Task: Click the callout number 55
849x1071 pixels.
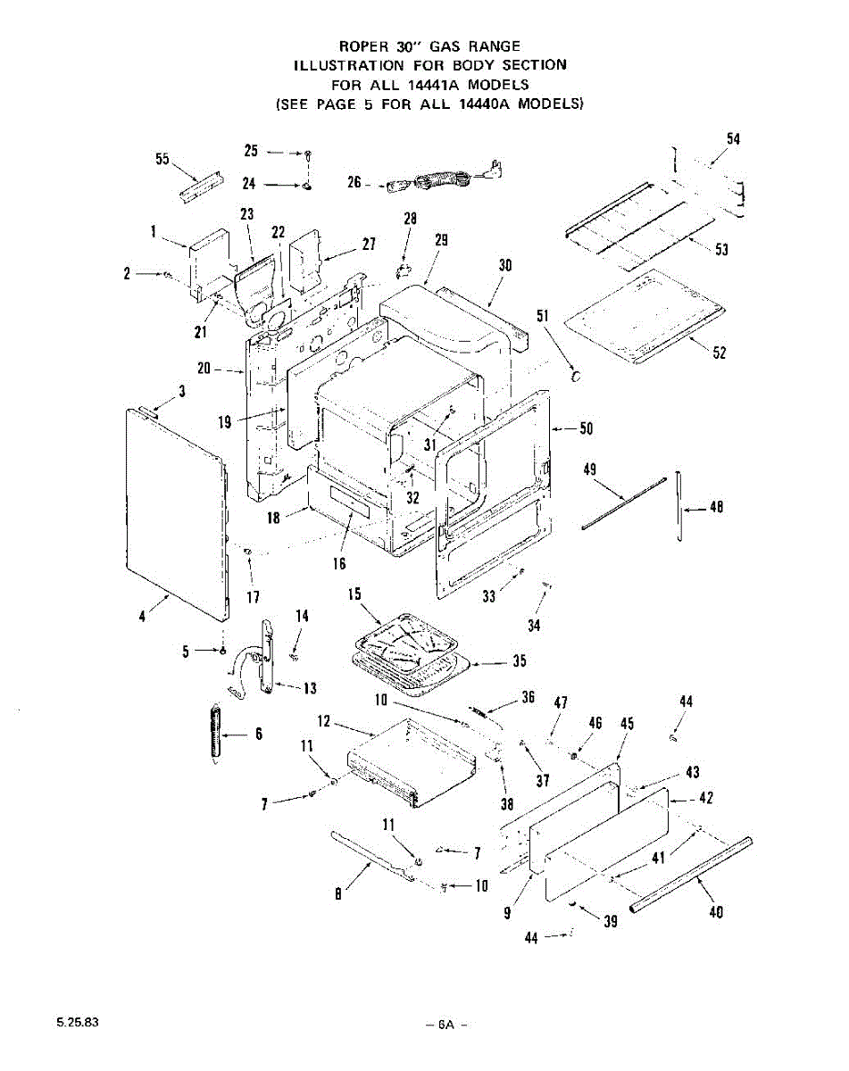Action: tap(162, 158)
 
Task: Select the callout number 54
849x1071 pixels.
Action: tap(733, 139)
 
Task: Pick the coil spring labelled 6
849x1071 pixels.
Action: tap(213, 732)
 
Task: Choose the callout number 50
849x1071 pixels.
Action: tap(586, 429)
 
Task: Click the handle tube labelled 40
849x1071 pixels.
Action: tap(692, 875)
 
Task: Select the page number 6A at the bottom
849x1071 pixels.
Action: tap(446, 1024)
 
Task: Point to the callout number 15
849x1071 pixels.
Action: tap(354, 594)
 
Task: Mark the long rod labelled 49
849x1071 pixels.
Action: tap(625, 504)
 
